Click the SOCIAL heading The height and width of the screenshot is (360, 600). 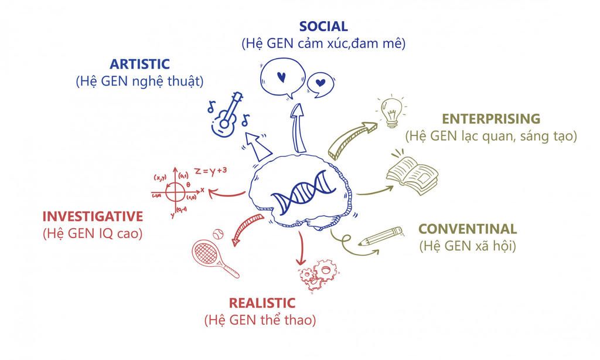pyautogui.click(x=323, y=26)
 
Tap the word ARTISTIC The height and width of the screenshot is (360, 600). pyautogui.click(x=139, y=64)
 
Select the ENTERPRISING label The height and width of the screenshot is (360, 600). pyautogui.click(x=491, y=118)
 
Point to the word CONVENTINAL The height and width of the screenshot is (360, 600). pyautogui.click(x=468, y=229)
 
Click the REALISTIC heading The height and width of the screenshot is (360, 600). pyautogui.click(x=262, y=303)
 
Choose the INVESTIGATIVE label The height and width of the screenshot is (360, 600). pyautogui.click(x=93, y=216)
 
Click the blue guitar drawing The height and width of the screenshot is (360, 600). pyautogui.click(x=227, y=114)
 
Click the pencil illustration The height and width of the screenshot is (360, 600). pyautogui.click(x=381, y=236)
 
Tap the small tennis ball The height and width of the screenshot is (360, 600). pyautogui.click(x=218, y=234)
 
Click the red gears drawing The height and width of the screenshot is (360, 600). pyautogui.click(x=318, y=274)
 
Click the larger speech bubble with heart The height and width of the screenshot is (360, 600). pyautogui.click(x=283, y=78)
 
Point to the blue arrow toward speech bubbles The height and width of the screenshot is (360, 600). pyautogui.click(x=298, y=128)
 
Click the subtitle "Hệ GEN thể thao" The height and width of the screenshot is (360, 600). pyautogui.click(x=260, y=320)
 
